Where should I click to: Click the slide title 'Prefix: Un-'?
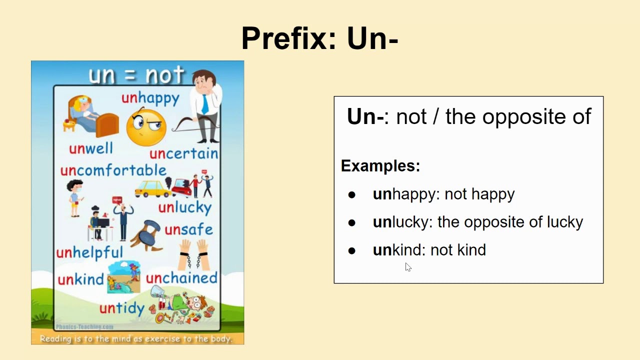tap(319, 38)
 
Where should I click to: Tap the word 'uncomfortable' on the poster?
tap(113, 170)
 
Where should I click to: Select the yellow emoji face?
tap(146, 127)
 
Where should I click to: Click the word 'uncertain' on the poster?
tap(183, 153)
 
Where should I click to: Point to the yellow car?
tap(153, 188)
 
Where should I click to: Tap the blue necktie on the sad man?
tap(205, 104)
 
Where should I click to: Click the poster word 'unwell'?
tap(91, 148)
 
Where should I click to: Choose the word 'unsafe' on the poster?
tap(189, 229)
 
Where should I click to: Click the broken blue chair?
tap(147, 235)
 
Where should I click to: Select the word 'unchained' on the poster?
tap(181, 277)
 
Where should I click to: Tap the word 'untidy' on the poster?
tap(122, 308)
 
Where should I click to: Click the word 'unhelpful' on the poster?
tap(89, 252)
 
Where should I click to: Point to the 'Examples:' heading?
tap(380, 165)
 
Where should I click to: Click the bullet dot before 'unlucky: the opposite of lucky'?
tap(351, 222)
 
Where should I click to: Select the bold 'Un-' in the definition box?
tap(365, 116)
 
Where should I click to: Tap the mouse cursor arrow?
tap(408, 267)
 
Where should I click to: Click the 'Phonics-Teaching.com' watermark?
tap(84, 327)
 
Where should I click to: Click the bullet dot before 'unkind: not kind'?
tap(351, 250)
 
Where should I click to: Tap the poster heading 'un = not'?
tap(136, 75)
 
